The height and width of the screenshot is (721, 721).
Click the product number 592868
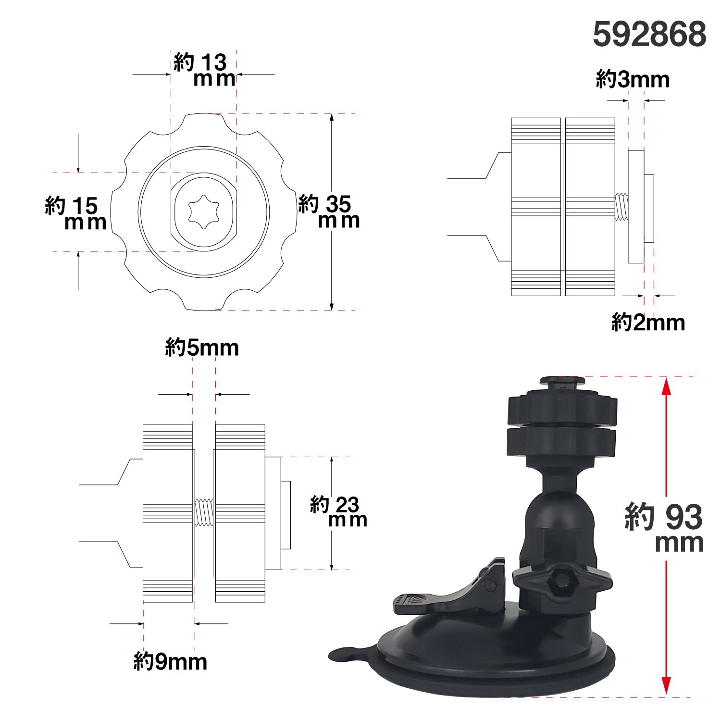(x=649, y=34)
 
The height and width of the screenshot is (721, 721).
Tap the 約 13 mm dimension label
(x=204, y=70)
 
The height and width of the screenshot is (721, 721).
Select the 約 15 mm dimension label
(x=75, y=213)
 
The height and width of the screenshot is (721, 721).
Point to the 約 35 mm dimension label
(x=329, y=211)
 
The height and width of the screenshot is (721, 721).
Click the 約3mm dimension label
(x=633, y=79)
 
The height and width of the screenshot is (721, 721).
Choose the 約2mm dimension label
(x=648, y=322)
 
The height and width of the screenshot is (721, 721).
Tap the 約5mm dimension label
(x=202, y=347)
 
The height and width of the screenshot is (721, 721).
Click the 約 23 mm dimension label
(x=338, y=511)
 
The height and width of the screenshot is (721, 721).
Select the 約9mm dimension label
(x=170, y=662)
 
